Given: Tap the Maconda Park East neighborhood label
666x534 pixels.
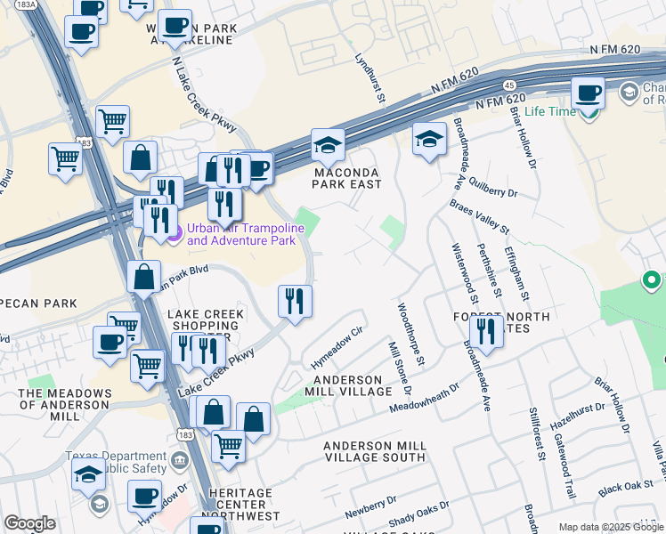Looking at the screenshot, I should coord(346,178).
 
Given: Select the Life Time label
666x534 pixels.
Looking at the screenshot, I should coord(550,112).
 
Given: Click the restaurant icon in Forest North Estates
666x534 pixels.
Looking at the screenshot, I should coord(485,333).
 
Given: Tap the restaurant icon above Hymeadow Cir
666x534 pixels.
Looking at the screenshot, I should coord(295,301).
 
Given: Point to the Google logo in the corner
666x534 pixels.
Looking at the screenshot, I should coord(29,523).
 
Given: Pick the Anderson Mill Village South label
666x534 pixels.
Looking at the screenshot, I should coord(374,451).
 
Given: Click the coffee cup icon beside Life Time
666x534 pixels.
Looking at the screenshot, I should coord(588,93).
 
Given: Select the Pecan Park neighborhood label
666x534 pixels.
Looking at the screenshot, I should coord(40,304).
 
